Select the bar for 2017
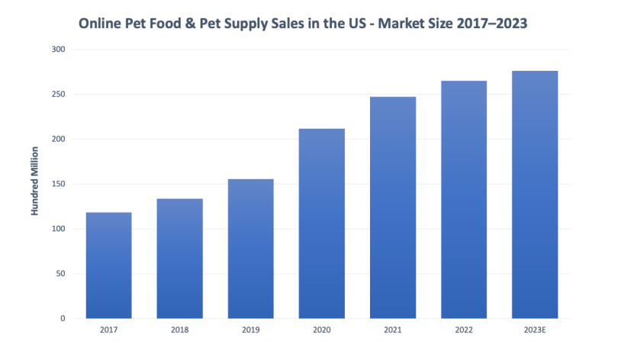click(x=108, y=265)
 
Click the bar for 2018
click(x=179, y=259)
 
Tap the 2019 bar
click(x=250, y=249)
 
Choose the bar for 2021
click(x=393, y=207)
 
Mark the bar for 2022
click(x=464, y=200)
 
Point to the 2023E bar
click(x=535, y=194)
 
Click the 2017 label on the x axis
click(x=108, y=331)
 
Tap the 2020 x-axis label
click(x=321, y=331)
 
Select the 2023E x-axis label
click(x=535, y=331)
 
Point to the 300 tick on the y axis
click(x=60, y=50)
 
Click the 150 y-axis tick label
click(x=60, y=184)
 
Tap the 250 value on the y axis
click(x=60, y=95)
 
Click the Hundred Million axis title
click(x=35, y=183)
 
